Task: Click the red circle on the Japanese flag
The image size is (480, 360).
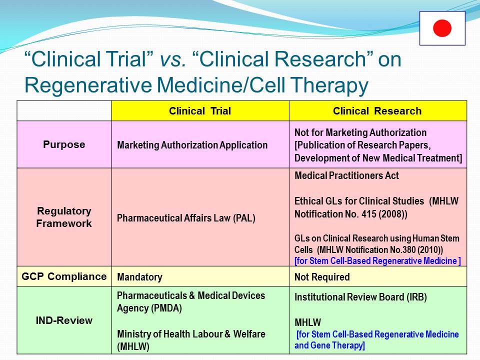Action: [442, 28]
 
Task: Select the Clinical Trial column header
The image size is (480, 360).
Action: [200, 111]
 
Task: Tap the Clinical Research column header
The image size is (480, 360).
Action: [377, 111]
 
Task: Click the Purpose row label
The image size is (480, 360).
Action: [64, 144]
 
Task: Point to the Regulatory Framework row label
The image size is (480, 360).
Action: [64, 217]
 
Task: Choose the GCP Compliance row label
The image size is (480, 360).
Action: [64, 276]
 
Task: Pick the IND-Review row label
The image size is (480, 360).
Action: [64, 320]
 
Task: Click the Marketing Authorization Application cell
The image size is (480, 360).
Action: [192, 145]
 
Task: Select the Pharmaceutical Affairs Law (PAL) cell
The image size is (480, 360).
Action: [186, 218]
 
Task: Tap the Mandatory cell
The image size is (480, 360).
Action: [139, 277]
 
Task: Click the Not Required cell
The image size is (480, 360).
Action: [322, 277]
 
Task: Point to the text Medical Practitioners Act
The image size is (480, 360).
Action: [346, 175]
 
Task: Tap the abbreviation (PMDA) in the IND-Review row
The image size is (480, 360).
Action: [166, 308]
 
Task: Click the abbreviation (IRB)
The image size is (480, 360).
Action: [416, 297]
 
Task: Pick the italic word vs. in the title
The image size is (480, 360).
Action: [173, 59]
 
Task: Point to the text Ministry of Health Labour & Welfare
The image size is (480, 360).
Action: [191, 334]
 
